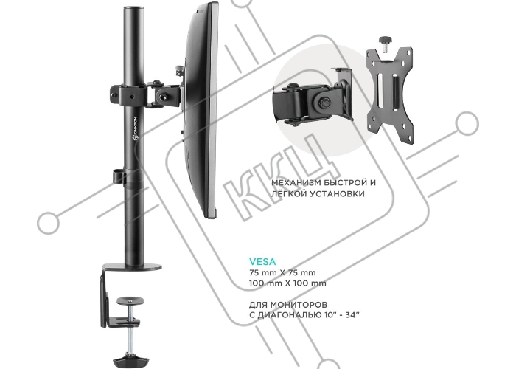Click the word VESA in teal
(x=263, y=260)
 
